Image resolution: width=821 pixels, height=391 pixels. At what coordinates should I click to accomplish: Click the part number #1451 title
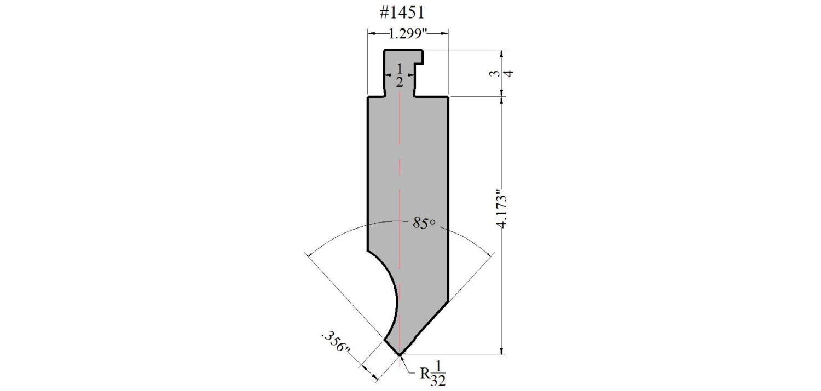click(402, 13)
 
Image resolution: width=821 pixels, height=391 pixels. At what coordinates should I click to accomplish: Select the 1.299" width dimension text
click(408, 34)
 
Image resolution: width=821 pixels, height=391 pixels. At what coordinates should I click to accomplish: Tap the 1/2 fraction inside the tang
click(400, 75)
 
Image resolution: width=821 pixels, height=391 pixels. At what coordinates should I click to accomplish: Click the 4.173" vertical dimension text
click(501, 208)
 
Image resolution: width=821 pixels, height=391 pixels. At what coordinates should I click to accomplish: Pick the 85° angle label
click(424, 223)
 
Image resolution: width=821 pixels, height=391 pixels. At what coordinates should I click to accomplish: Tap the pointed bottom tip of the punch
click(400, 355)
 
